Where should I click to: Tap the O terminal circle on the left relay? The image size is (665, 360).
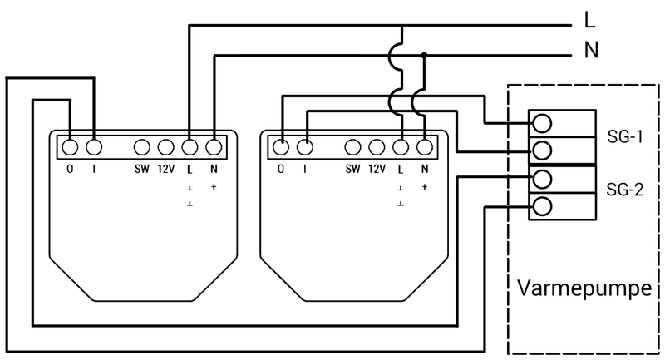[70, 147]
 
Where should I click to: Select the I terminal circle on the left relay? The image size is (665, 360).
[93, 147]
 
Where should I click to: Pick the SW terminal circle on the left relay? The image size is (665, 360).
[141, 147]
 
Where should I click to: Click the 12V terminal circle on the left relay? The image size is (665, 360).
[165, 147]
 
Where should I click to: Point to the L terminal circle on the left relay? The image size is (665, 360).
[189, 147]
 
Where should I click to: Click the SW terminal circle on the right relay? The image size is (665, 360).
[354, 147]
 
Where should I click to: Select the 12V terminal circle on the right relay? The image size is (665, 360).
[377, 147]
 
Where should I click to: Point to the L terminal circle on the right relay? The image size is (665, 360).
[401, 147]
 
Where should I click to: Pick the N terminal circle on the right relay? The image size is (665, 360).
[425, 147]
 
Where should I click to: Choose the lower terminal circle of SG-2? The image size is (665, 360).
[542, 206]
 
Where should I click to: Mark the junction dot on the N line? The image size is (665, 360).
[425, 56]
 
